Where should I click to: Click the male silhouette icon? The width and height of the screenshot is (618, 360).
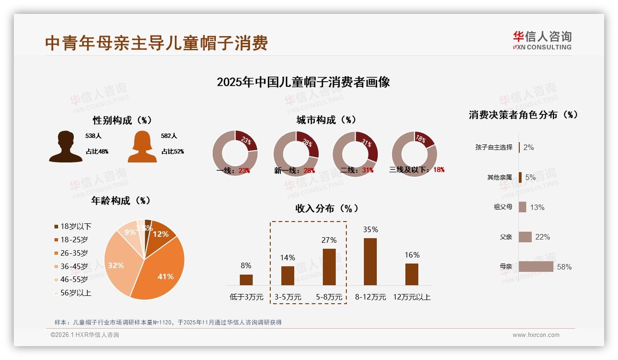pos(65,147)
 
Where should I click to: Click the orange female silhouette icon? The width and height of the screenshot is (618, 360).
pos(142,147)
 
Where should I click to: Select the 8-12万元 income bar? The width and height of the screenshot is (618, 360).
pos(370,262)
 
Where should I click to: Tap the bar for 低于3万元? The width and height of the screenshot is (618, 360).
pos(246,280)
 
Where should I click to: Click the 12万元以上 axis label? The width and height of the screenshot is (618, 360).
pos(412,297)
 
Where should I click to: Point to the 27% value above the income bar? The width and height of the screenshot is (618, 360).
pos(329,240)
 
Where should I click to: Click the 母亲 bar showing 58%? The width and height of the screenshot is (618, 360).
pos(536,266)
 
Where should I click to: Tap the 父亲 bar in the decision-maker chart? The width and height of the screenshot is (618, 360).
pos(525,237)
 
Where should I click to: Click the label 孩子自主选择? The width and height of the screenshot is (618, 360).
pos(494,147)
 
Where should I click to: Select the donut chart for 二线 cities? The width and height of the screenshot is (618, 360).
pos(355,154)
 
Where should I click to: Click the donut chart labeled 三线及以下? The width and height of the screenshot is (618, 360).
pos(414,154)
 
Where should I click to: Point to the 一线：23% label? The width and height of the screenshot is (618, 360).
pos(233,170)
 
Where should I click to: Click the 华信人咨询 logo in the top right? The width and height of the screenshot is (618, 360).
pos(542,40)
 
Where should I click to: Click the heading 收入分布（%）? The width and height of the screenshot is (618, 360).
pos(327,208)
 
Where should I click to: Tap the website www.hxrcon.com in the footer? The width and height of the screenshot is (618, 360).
pos(536,335)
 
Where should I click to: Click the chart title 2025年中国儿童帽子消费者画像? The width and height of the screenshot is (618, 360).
pos(303,82)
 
